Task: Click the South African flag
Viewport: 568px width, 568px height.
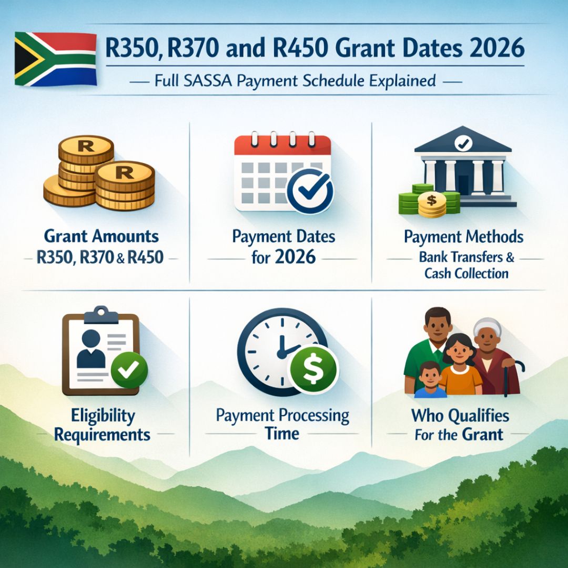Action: (x=55, y=58)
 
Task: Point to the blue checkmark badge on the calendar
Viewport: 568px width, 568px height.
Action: (x=311, y=190)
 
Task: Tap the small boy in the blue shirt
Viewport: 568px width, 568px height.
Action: (x=430, y=379)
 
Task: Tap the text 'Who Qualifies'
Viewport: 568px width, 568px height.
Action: (x=460, y=416)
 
